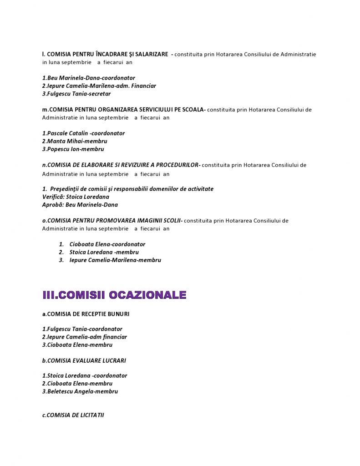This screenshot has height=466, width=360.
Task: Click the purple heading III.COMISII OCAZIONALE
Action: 114,295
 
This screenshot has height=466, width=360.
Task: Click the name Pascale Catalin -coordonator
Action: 83,133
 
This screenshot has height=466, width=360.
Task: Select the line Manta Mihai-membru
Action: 75,141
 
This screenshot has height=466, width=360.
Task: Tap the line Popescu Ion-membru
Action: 73,149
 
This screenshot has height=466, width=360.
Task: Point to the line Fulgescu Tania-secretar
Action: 76,94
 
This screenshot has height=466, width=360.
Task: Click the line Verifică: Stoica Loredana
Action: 76,197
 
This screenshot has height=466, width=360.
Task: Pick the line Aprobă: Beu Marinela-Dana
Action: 80,205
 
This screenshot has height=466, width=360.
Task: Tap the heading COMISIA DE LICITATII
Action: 73,415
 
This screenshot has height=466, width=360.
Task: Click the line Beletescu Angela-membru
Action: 80,391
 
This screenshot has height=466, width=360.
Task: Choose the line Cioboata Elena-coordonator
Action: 107,244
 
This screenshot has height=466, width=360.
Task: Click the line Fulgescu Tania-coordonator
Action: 82,329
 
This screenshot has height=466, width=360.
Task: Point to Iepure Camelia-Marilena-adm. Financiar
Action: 99,86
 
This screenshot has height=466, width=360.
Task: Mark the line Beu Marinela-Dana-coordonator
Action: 89,78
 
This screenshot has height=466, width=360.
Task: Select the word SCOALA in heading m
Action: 194,110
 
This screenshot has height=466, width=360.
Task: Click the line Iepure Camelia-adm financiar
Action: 85,337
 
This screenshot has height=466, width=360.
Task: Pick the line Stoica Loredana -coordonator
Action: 85,376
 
